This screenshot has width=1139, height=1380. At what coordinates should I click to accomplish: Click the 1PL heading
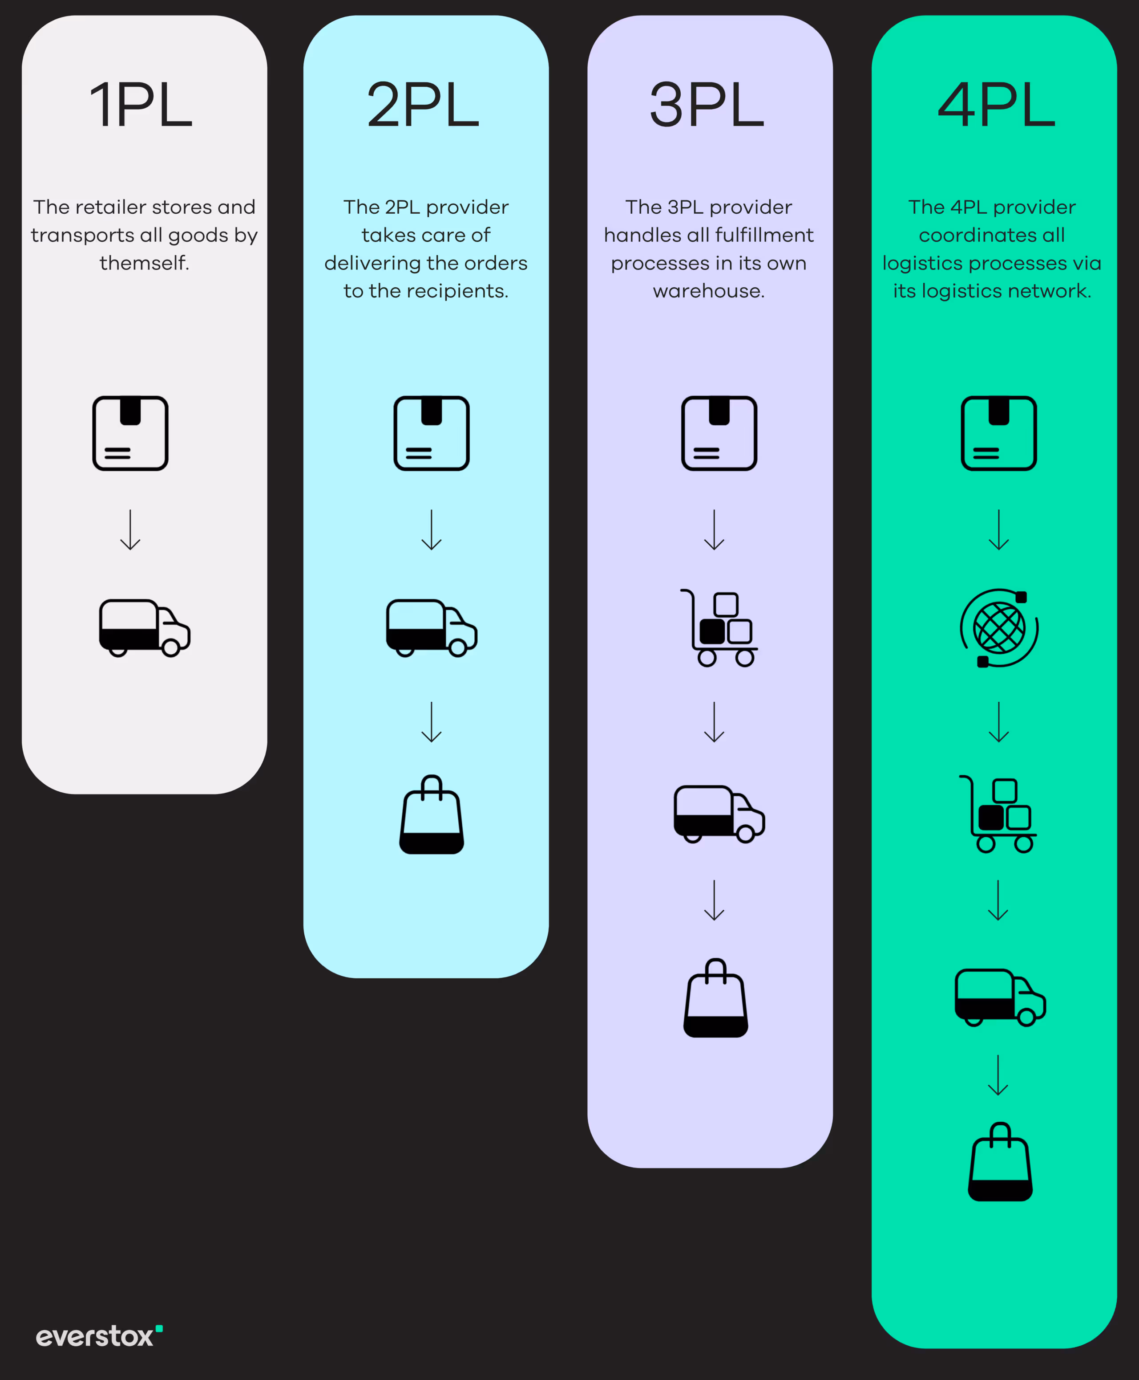click(x=141, y=105)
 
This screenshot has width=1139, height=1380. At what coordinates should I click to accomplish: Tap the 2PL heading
click(x=423, y=105)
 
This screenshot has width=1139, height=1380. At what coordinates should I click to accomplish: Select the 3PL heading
click(x=707, y=105)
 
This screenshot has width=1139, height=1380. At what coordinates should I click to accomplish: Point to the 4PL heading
click(x=996, y=105)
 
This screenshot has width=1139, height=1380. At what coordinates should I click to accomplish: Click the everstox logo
click(x=98, y=1336)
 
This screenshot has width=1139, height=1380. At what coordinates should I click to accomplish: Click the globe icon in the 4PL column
click(x=998, y=628)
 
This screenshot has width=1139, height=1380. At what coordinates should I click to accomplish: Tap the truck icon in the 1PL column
click(x=144, y=627)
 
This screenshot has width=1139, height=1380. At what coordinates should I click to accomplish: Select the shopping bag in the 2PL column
click(x=432, y=815)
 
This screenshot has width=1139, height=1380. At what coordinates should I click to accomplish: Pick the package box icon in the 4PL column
click(x=998, y=433)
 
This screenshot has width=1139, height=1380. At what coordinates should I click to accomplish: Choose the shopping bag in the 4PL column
click(x=1000, y=1162)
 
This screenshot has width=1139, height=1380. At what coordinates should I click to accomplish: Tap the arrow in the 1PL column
click(x=130, y=530)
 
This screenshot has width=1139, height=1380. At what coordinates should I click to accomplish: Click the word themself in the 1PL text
click(x=144, y=263)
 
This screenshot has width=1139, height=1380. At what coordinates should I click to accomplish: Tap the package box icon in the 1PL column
click(x=130, y=433)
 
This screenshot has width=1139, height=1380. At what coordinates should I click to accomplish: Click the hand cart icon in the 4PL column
click(x=998, y=814)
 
